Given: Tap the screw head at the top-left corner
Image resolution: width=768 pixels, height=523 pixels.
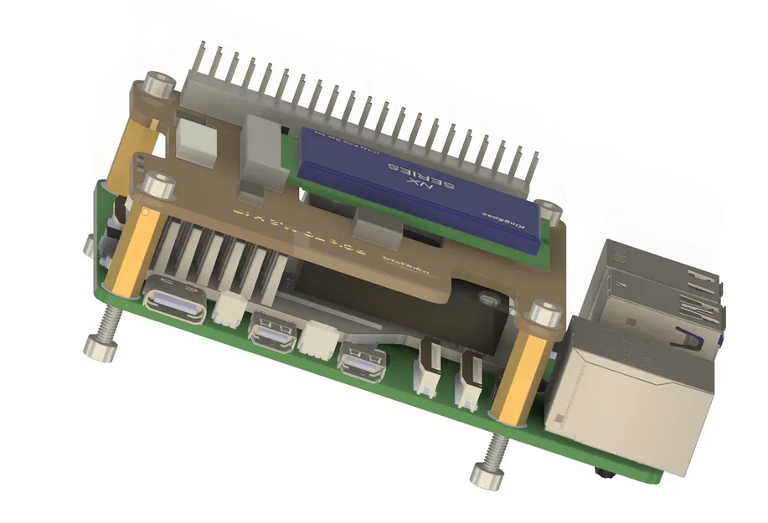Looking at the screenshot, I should tap(156, 85).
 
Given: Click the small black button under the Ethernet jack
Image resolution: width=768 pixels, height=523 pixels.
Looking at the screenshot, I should tap(602, 474).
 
